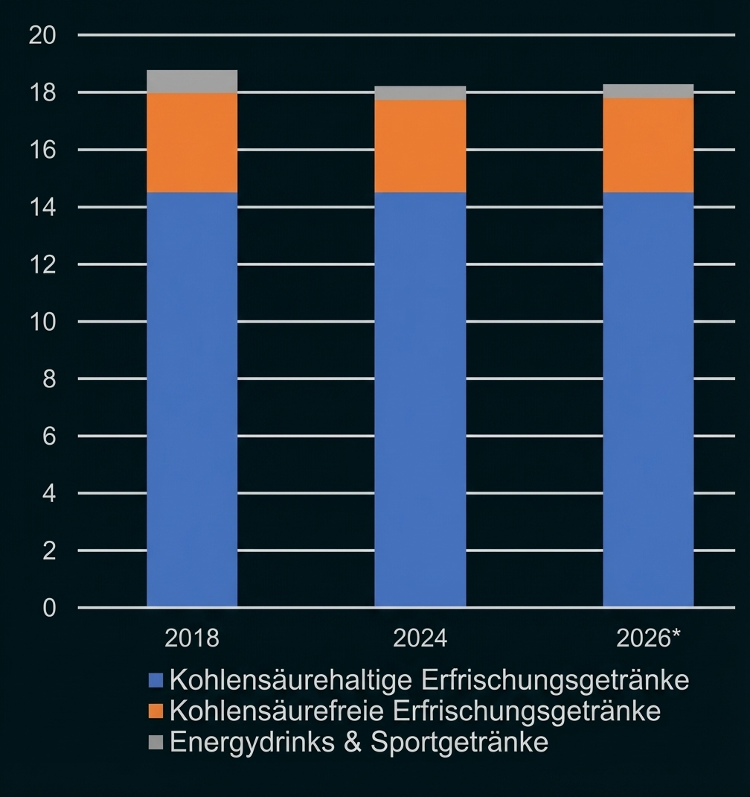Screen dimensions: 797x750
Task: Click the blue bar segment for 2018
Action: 192,399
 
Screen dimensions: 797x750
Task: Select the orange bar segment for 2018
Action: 192,142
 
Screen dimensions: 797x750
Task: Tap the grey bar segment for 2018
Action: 192,81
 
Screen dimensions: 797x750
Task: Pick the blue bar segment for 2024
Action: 420,399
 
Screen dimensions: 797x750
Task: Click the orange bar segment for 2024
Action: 420,146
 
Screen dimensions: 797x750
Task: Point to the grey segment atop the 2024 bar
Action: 420,93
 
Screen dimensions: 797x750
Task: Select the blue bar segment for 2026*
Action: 648,399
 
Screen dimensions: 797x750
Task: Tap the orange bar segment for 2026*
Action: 648,145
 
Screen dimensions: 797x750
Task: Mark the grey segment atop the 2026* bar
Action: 648,91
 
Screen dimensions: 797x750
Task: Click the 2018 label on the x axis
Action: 192,638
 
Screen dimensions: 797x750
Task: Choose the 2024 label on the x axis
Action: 420,638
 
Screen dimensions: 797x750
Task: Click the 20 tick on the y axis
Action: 42,36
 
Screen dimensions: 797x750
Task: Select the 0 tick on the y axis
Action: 49,609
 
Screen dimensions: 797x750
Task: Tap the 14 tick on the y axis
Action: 42,207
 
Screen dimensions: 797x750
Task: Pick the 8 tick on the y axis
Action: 49,379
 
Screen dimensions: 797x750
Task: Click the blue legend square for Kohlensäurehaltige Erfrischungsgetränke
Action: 156,680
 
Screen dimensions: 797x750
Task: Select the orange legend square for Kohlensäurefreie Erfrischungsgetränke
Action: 156,711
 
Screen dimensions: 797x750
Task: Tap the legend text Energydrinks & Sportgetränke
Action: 359,742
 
